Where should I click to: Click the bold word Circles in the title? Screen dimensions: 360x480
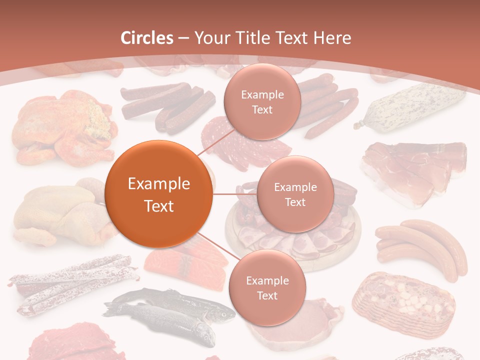point(147,38)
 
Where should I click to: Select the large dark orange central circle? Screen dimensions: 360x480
point(159,194)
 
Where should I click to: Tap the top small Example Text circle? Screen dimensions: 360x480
point(261,101)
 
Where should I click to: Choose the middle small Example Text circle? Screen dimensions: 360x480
point(295,194)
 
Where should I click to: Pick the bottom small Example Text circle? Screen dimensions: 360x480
point(267,287)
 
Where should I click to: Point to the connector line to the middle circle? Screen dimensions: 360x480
point(235,194)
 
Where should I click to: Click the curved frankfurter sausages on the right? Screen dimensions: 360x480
point(420,247)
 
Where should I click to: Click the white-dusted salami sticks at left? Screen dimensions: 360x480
point(70,282)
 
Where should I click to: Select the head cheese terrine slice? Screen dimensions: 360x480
point(402,300)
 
